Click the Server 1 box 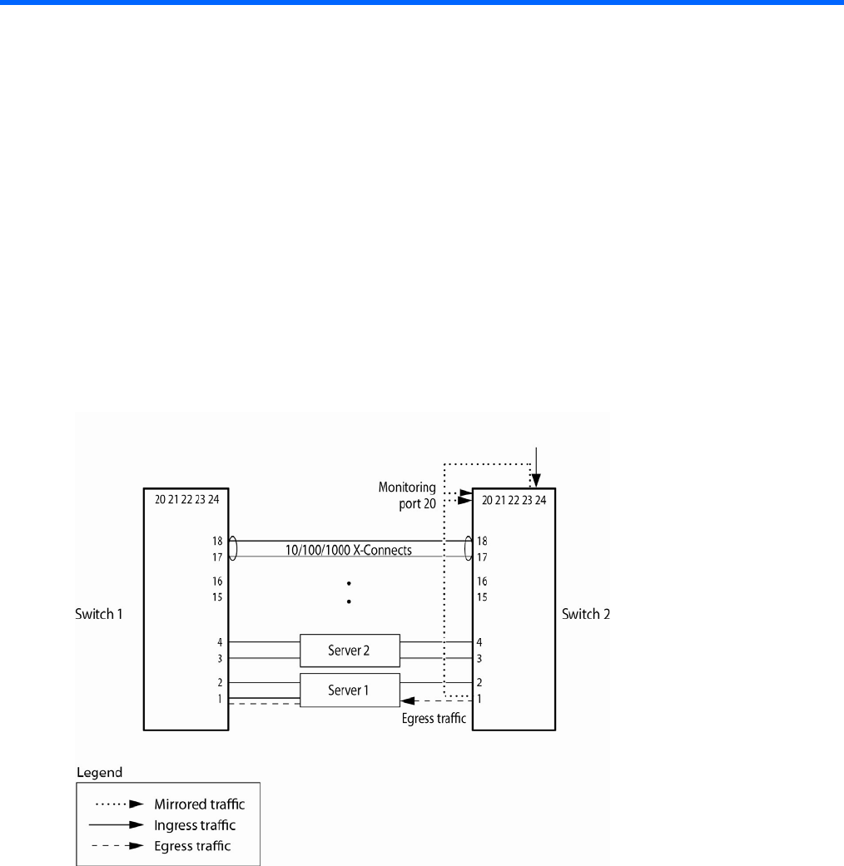point(350,690)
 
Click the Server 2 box point(350,650)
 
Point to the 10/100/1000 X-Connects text point(350,550)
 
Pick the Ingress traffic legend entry point(194,825)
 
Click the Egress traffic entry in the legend point(192,846)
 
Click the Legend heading point(99,773)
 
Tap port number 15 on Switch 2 point(482,596)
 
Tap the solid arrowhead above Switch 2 point(537,480)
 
